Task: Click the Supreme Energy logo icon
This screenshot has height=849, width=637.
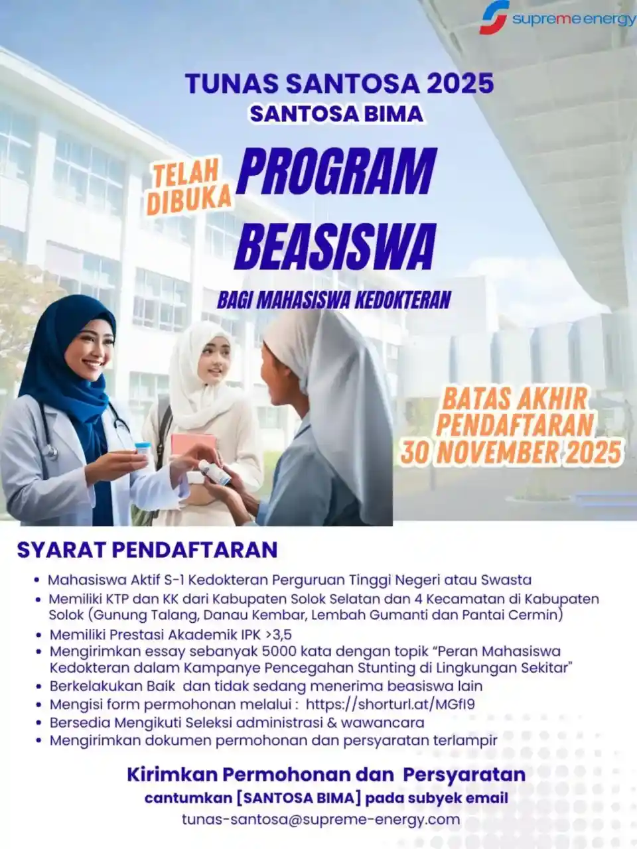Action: [494, 17]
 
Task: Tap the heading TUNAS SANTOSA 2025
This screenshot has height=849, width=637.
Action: [340, 84]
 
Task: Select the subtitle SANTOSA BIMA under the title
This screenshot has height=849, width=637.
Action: [336, 114]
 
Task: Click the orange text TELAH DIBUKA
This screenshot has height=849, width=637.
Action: [188, 188]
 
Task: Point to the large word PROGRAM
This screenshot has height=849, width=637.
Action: [337, 171]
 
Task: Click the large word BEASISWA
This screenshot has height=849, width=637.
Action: [335, 247]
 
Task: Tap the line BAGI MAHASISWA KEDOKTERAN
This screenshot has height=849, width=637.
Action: [334, 300]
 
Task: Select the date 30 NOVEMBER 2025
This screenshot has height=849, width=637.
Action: [511, 452]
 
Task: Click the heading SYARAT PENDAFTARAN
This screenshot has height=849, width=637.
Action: [147, 550]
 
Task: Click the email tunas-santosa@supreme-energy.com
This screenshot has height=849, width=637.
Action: [320, 819]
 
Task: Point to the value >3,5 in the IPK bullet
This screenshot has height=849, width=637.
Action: [279, 634]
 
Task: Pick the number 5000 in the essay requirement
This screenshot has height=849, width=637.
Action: [283, 651]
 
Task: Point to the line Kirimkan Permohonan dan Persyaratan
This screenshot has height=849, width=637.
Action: [326, 774]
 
